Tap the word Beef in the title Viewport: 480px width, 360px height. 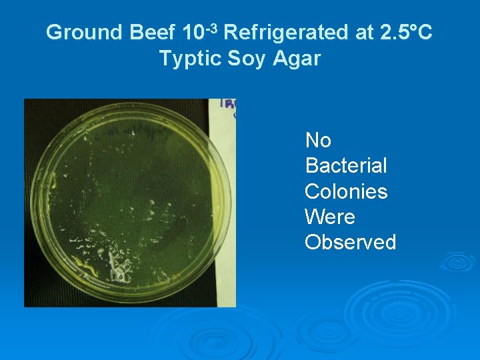pos(151,32)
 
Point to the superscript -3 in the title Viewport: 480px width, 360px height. pos(215,27)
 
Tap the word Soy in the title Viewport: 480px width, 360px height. pos(247,59)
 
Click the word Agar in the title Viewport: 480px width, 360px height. pos(297,59)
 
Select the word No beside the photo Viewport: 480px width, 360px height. pos(318,141)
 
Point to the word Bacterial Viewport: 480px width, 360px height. pos(345,166)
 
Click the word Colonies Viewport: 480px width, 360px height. pos(345,192)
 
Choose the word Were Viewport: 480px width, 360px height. pos(329,217)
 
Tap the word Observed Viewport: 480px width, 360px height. pos(350,243)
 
